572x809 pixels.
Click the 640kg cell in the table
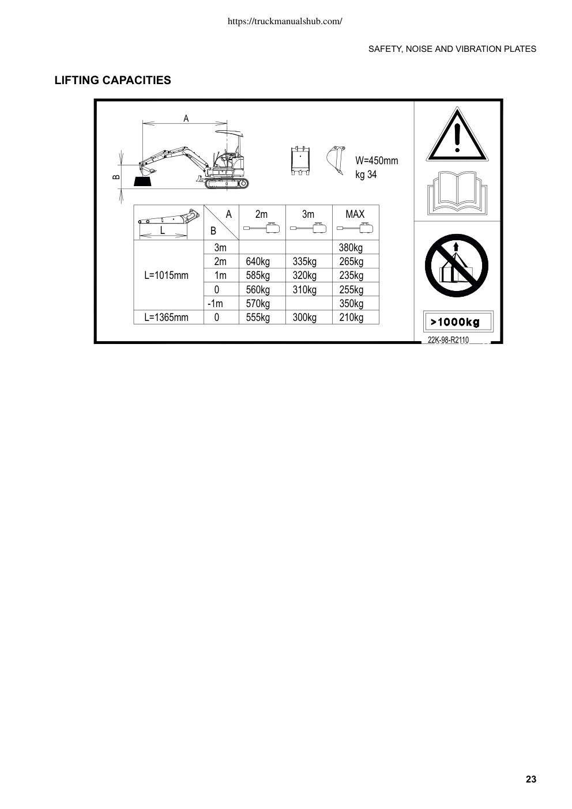point(258,262)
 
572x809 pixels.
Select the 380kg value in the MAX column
point(351,248)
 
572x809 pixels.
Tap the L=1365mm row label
point(166,317)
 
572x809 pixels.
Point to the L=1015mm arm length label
point(166,275)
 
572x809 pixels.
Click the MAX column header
point(355,214)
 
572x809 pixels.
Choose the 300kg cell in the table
point(304,317)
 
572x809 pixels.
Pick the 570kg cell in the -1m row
point(258,304)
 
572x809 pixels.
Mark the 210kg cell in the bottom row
point(351,317)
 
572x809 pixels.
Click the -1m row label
point(215,304)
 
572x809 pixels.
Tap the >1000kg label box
point(458,322)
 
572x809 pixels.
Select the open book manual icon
point(457,193)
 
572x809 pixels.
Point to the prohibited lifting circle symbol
point(456,266)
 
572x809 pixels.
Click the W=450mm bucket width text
point(377,161)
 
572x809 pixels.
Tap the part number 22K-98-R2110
point(448,340)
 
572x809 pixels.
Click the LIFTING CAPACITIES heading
point(113,80)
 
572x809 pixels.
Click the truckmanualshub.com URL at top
point(285,21)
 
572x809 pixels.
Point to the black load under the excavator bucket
point(142,182)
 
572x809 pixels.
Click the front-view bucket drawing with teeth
point(300,161)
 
